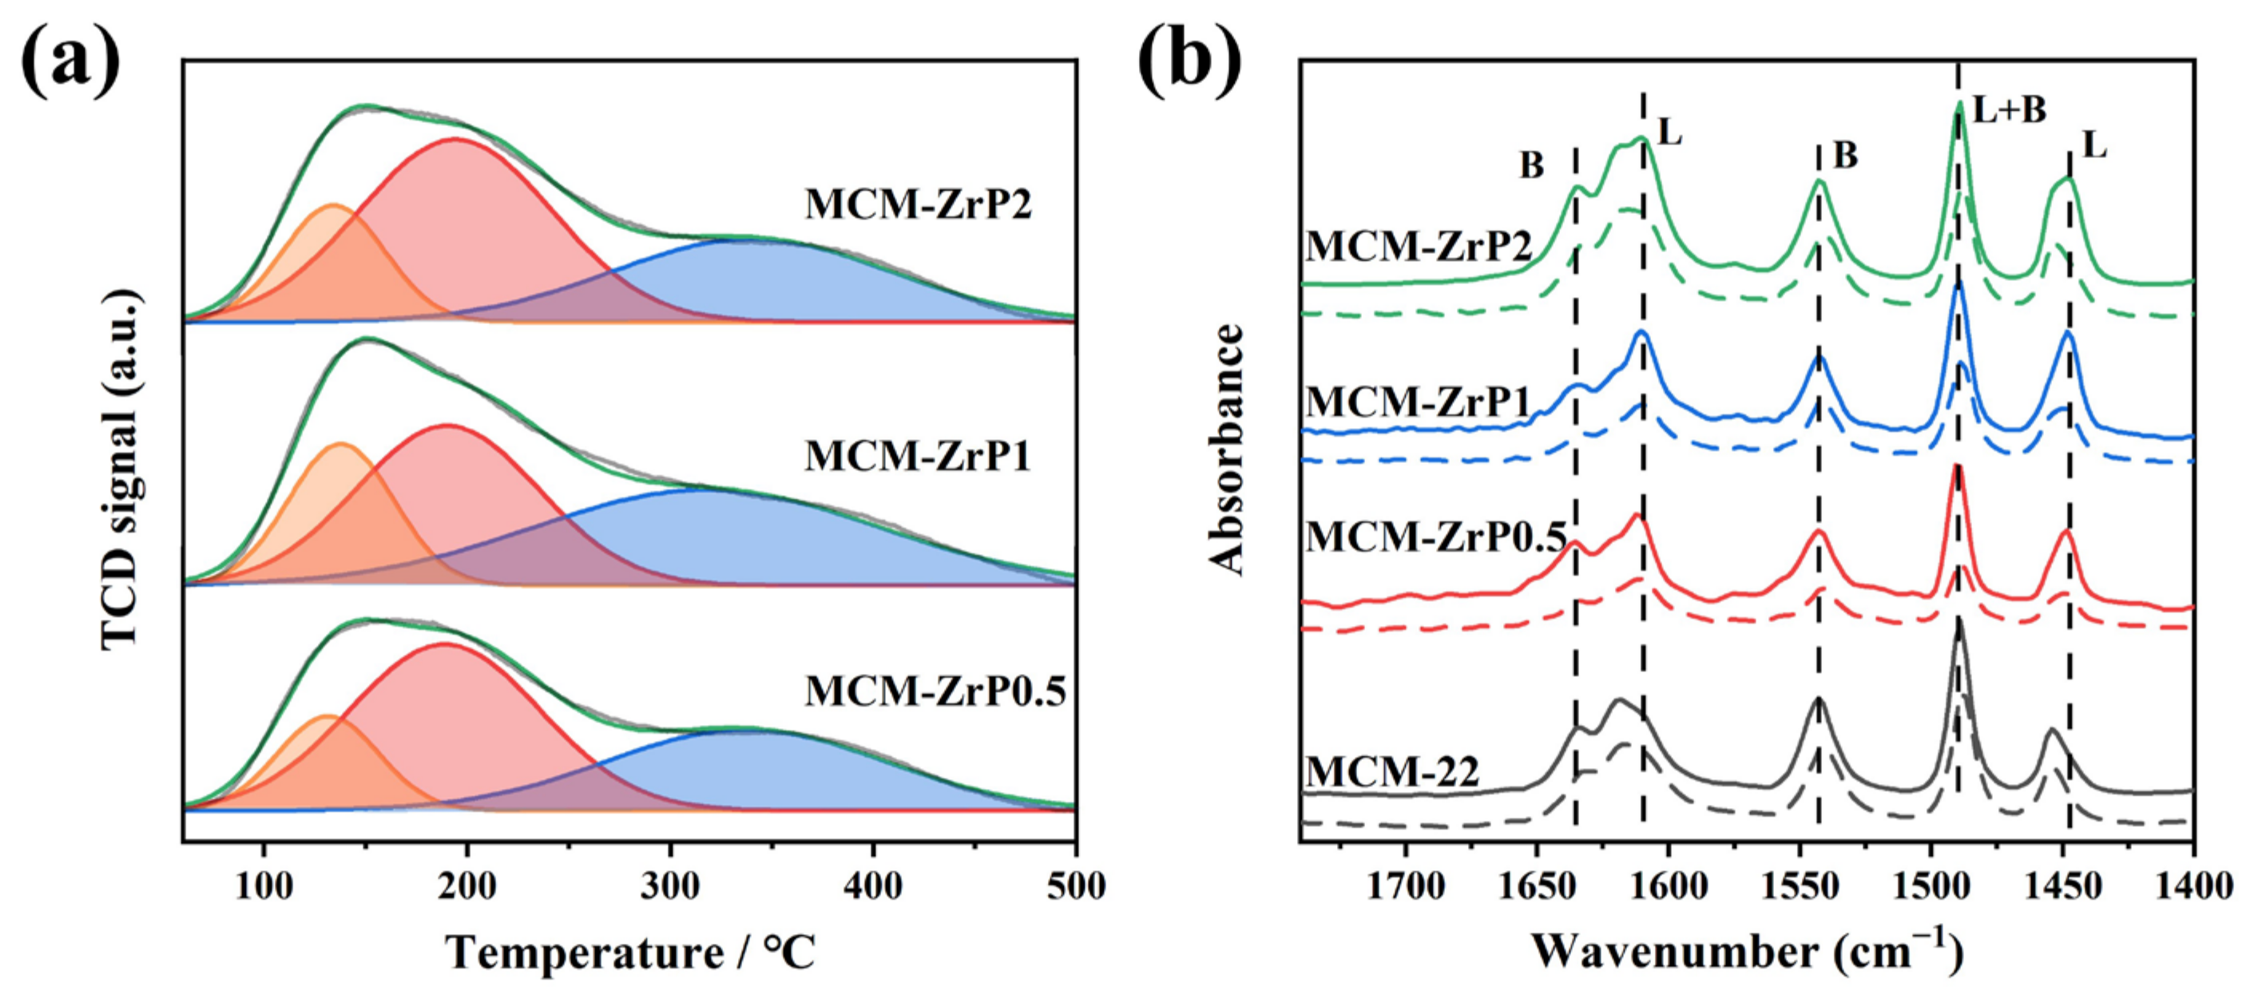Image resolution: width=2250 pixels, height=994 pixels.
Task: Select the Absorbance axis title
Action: pyautogui.click(x=1227, y=449)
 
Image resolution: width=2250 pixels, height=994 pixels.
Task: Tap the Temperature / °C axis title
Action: pyautogui.click(x=631, y=952)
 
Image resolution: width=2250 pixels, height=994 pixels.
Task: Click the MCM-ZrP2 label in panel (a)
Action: pyautogui.click(x=918, y=205)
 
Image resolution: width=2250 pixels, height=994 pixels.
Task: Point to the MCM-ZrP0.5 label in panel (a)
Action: pyautogui.click(x=935, y=691)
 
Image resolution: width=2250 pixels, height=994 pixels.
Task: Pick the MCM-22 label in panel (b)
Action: pyautogui.click(x=1392, y=772)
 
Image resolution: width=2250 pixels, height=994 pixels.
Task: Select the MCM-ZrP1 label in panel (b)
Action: pyautogui.click(x=1418, y=402)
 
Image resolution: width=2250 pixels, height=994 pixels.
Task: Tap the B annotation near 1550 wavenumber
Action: pyautogui.click(x=1846, y=156)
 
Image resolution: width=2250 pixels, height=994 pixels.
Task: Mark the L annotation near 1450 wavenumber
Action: pyautogui.click(x=2094, y=146)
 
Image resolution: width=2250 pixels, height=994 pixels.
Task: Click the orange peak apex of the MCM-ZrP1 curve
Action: pyautogui.click(x=339, y=445)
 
